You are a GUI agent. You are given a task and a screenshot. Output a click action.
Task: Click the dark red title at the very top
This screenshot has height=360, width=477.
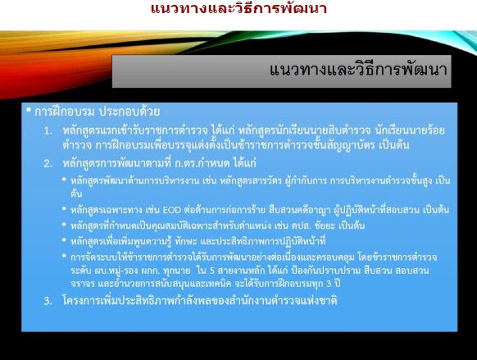(238, 8)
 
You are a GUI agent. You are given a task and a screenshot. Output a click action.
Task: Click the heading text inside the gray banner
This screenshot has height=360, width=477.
(358, 70)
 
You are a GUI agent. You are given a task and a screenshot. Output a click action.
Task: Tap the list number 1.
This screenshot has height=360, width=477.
(48, 131)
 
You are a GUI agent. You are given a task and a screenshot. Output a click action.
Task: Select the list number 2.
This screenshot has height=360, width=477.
(48, 164)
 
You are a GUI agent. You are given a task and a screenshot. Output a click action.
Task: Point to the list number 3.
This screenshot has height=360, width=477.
(48, 301)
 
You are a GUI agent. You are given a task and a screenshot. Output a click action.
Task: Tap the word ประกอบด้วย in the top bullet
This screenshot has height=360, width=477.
(129, 112)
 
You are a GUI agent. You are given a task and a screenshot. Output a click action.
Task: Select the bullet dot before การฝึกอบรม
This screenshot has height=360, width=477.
(29, 110)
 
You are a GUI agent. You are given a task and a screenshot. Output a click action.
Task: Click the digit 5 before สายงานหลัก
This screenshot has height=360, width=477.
(212, 271)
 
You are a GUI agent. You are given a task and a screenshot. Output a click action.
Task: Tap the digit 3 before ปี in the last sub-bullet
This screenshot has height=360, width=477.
(329, 284)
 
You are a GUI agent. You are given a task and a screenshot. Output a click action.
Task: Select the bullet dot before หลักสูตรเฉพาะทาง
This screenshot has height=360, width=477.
(64, 209)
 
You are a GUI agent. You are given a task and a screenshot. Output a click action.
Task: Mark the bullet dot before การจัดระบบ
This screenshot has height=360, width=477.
(64, 256)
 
